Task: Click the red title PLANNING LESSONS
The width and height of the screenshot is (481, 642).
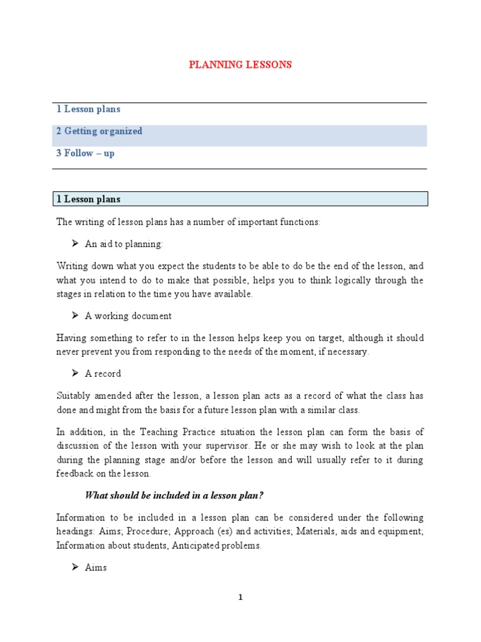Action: pyautogui.click(x=241, y=65)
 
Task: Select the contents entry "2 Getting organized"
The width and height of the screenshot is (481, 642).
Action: pyautogui.click(x=99, y=131)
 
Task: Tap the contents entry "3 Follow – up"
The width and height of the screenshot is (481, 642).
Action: pyautogui.click(x=85, y=153)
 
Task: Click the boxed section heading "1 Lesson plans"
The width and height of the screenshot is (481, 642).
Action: pyautogui.click(x=88, y=199)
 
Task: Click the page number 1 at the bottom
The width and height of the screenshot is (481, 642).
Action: pyautogui.click(x=240, y=597)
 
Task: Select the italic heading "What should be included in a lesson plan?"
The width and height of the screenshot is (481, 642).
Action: pyautogui.click(x=174, y=496)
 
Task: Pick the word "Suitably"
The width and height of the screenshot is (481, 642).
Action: pyautogui.click(x=73, y=396)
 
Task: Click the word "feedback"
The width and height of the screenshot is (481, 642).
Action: pyautogui.click(x=73, y=474)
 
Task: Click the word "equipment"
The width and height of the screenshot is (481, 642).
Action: pyautogui.click(x=401, y=532)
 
